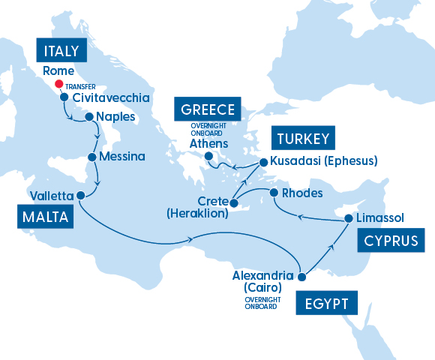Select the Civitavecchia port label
pyautogui.click(x=111, y=97)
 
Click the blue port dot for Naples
pyautogui.click(x=89, y=116)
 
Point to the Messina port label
pyautogui.click(x=121, y=157)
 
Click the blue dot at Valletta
pyautogui.click(x=80, y=195)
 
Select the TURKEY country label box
pyautogui.click(x=303, y=139)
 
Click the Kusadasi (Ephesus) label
pyautogui.click(x=323, y=160)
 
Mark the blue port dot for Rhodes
pyautogui.click(x=274, y=193)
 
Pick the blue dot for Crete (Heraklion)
pyautogui.click(x=234, y=202)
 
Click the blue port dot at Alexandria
pyautogui.click(x=301, y=277)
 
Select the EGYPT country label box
pyautogui.click(x=327, y=304)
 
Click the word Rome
pyautogui.click(x=58, y=70)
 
